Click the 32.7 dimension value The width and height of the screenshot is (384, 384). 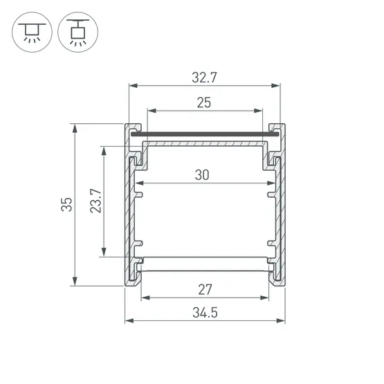204,77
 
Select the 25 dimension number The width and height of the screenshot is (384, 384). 204,102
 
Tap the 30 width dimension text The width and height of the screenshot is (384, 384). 202,175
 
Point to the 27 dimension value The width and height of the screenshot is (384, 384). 205,289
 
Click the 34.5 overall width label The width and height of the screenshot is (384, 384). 205,313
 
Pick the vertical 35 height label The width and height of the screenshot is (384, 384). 66,204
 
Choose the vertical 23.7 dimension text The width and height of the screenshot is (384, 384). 95,201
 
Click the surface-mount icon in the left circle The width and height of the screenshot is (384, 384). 32,32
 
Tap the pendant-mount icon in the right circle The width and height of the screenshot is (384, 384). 78,32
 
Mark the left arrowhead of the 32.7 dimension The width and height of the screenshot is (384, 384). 133,86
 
